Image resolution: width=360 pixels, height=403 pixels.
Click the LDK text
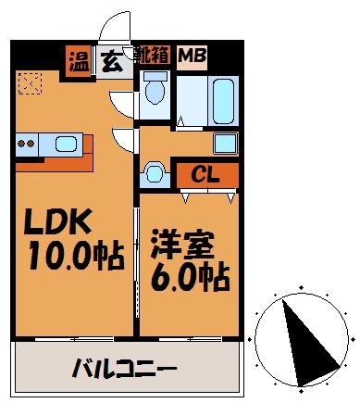(x=58, y=223)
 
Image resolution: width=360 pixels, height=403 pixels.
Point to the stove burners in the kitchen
(x=26, y=144)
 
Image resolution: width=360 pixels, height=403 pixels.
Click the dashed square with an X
(x=31, y=83)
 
